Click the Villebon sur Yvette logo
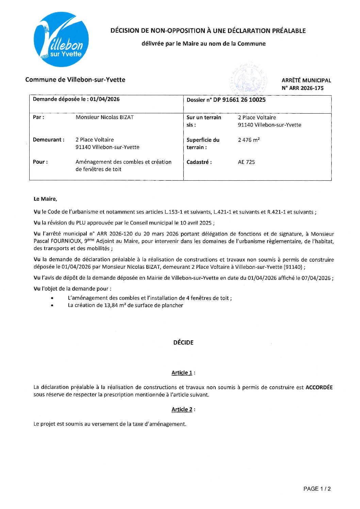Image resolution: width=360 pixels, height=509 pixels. click(x=61, y=39)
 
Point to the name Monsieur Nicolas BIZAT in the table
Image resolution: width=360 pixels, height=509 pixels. click(x=104, y=117)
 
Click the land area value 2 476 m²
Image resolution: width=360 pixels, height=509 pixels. click(x=249, y=140)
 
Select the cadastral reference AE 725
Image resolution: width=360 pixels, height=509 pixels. click(x=246, y=162)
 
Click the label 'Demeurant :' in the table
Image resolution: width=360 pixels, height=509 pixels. click(x=48, y=140)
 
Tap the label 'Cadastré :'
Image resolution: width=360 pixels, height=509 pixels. click(x=199, y=162)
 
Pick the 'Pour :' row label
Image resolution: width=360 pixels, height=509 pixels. click(x=40, y=162)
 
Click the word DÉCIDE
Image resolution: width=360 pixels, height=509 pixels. click(x=183, y=343)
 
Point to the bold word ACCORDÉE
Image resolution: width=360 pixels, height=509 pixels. click(x=319, y=387)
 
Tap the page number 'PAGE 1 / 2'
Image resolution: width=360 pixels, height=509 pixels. click(x=317, y=489)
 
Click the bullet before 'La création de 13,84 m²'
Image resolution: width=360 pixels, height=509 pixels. click(x=52, y=306)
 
